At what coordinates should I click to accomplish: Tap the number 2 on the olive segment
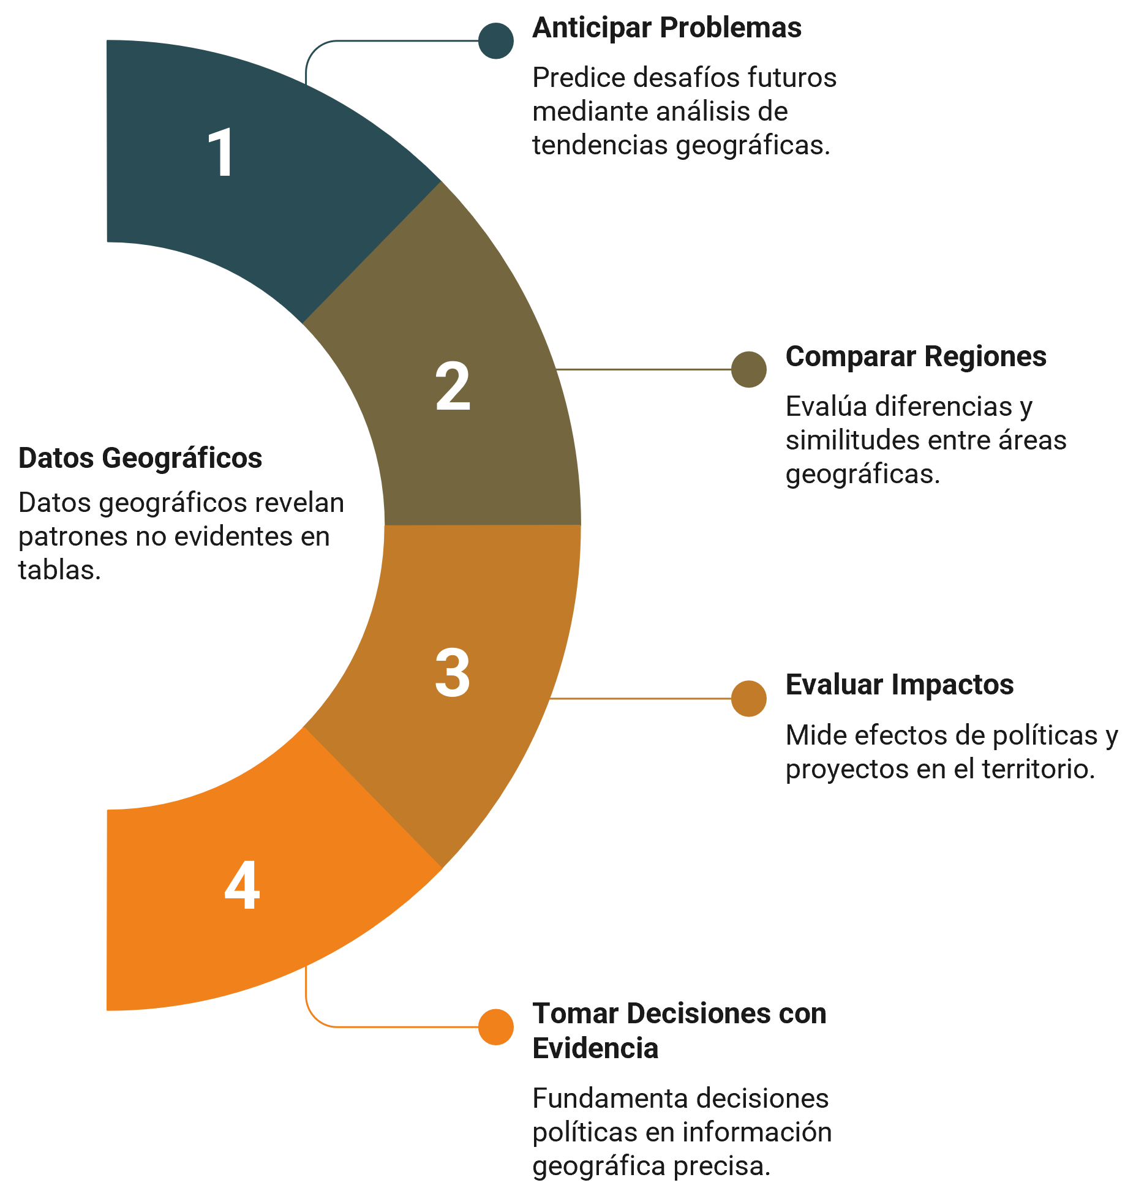tap(453, 386)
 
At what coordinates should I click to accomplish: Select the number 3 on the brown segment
tap(453, 672)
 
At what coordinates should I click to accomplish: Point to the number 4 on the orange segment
tap(243, 885)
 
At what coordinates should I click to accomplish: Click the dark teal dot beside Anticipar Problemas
tap(496, 41)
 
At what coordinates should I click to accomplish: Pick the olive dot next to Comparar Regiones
tap(749, 369)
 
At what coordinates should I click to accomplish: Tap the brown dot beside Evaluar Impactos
tap(749, 698)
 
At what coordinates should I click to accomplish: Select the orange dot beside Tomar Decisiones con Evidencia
tap(496, 1027)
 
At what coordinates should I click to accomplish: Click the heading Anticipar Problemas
tap(667, 28)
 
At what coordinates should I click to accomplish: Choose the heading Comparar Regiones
tap(916, 357)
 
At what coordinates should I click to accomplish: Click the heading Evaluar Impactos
tap(900, 685)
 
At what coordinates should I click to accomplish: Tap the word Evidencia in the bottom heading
tap(595, 1048)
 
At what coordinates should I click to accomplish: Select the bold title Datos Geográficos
tap(140, 459)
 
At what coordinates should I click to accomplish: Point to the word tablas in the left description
tap(59, 570)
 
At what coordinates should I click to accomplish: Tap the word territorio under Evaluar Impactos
tap(1039, 770)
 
